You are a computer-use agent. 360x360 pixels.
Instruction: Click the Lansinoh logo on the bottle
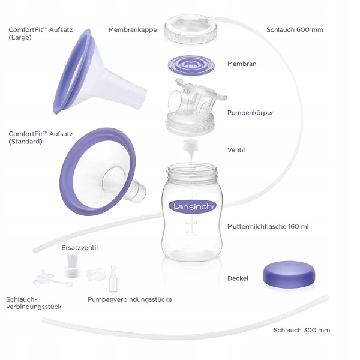(193, 206)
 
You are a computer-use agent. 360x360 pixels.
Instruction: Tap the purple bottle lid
(289, 274)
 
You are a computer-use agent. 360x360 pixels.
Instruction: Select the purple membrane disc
(191, 65)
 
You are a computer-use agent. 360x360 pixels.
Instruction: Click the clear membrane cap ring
(191, 29)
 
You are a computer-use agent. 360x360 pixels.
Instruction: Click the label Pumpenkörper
(250, 113)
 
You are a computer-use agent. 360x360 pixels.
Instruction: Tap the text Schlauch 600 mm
(295, 29)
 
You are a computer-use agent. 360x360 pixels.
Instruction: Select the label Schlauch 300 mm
(302, 330)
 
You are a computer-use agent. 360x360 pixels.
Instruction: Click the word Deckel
(238, 278)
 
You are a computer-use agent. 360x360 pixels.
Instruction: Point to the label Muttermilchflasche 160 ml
(268, 226)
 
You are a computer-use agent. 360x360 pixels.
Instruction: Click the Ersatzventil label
(79, 247)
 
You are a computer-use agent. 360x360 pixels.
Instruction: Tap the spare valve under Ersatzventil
(72, 266)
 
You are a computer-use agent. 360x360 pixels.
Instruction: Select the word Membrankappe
(133, 29)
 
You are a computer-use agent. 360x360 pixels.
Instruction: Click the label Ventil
(236, 150)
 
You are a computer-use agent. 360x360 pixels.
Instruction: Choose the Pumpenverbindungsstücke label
(130, 299)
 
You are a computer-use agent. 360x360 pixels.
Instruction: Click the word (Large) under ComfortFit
(20, 37)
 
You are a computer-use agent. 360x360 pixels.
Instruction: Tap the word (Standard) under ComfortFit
(25, 142)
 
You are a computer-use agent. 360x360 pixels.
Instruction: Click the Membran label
(242, 64)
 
